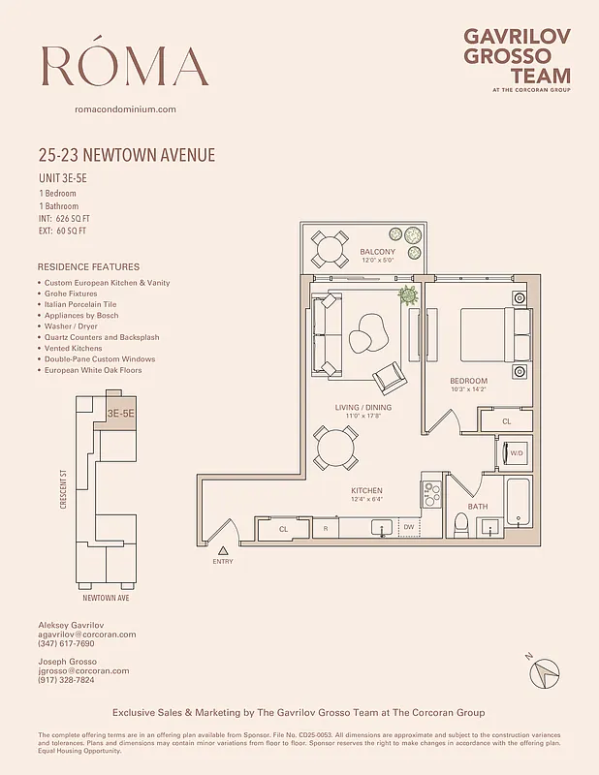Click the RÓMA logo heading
coord(125,66)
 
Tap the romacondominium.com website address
coord(125,109)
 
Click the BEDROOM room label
coord(468,381)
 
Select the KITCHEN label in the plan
coord(366,490)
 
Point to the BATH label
coord(478,507)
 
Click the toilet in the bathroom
coord(461,524)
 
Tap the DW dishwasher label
coord(408,528)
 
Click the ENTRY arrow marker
coord(222,551)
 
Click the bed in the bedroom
coord(495,333)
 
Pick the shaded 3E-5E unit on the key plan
coord(119,413)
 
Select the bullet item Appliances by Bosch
coord(80,316)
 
